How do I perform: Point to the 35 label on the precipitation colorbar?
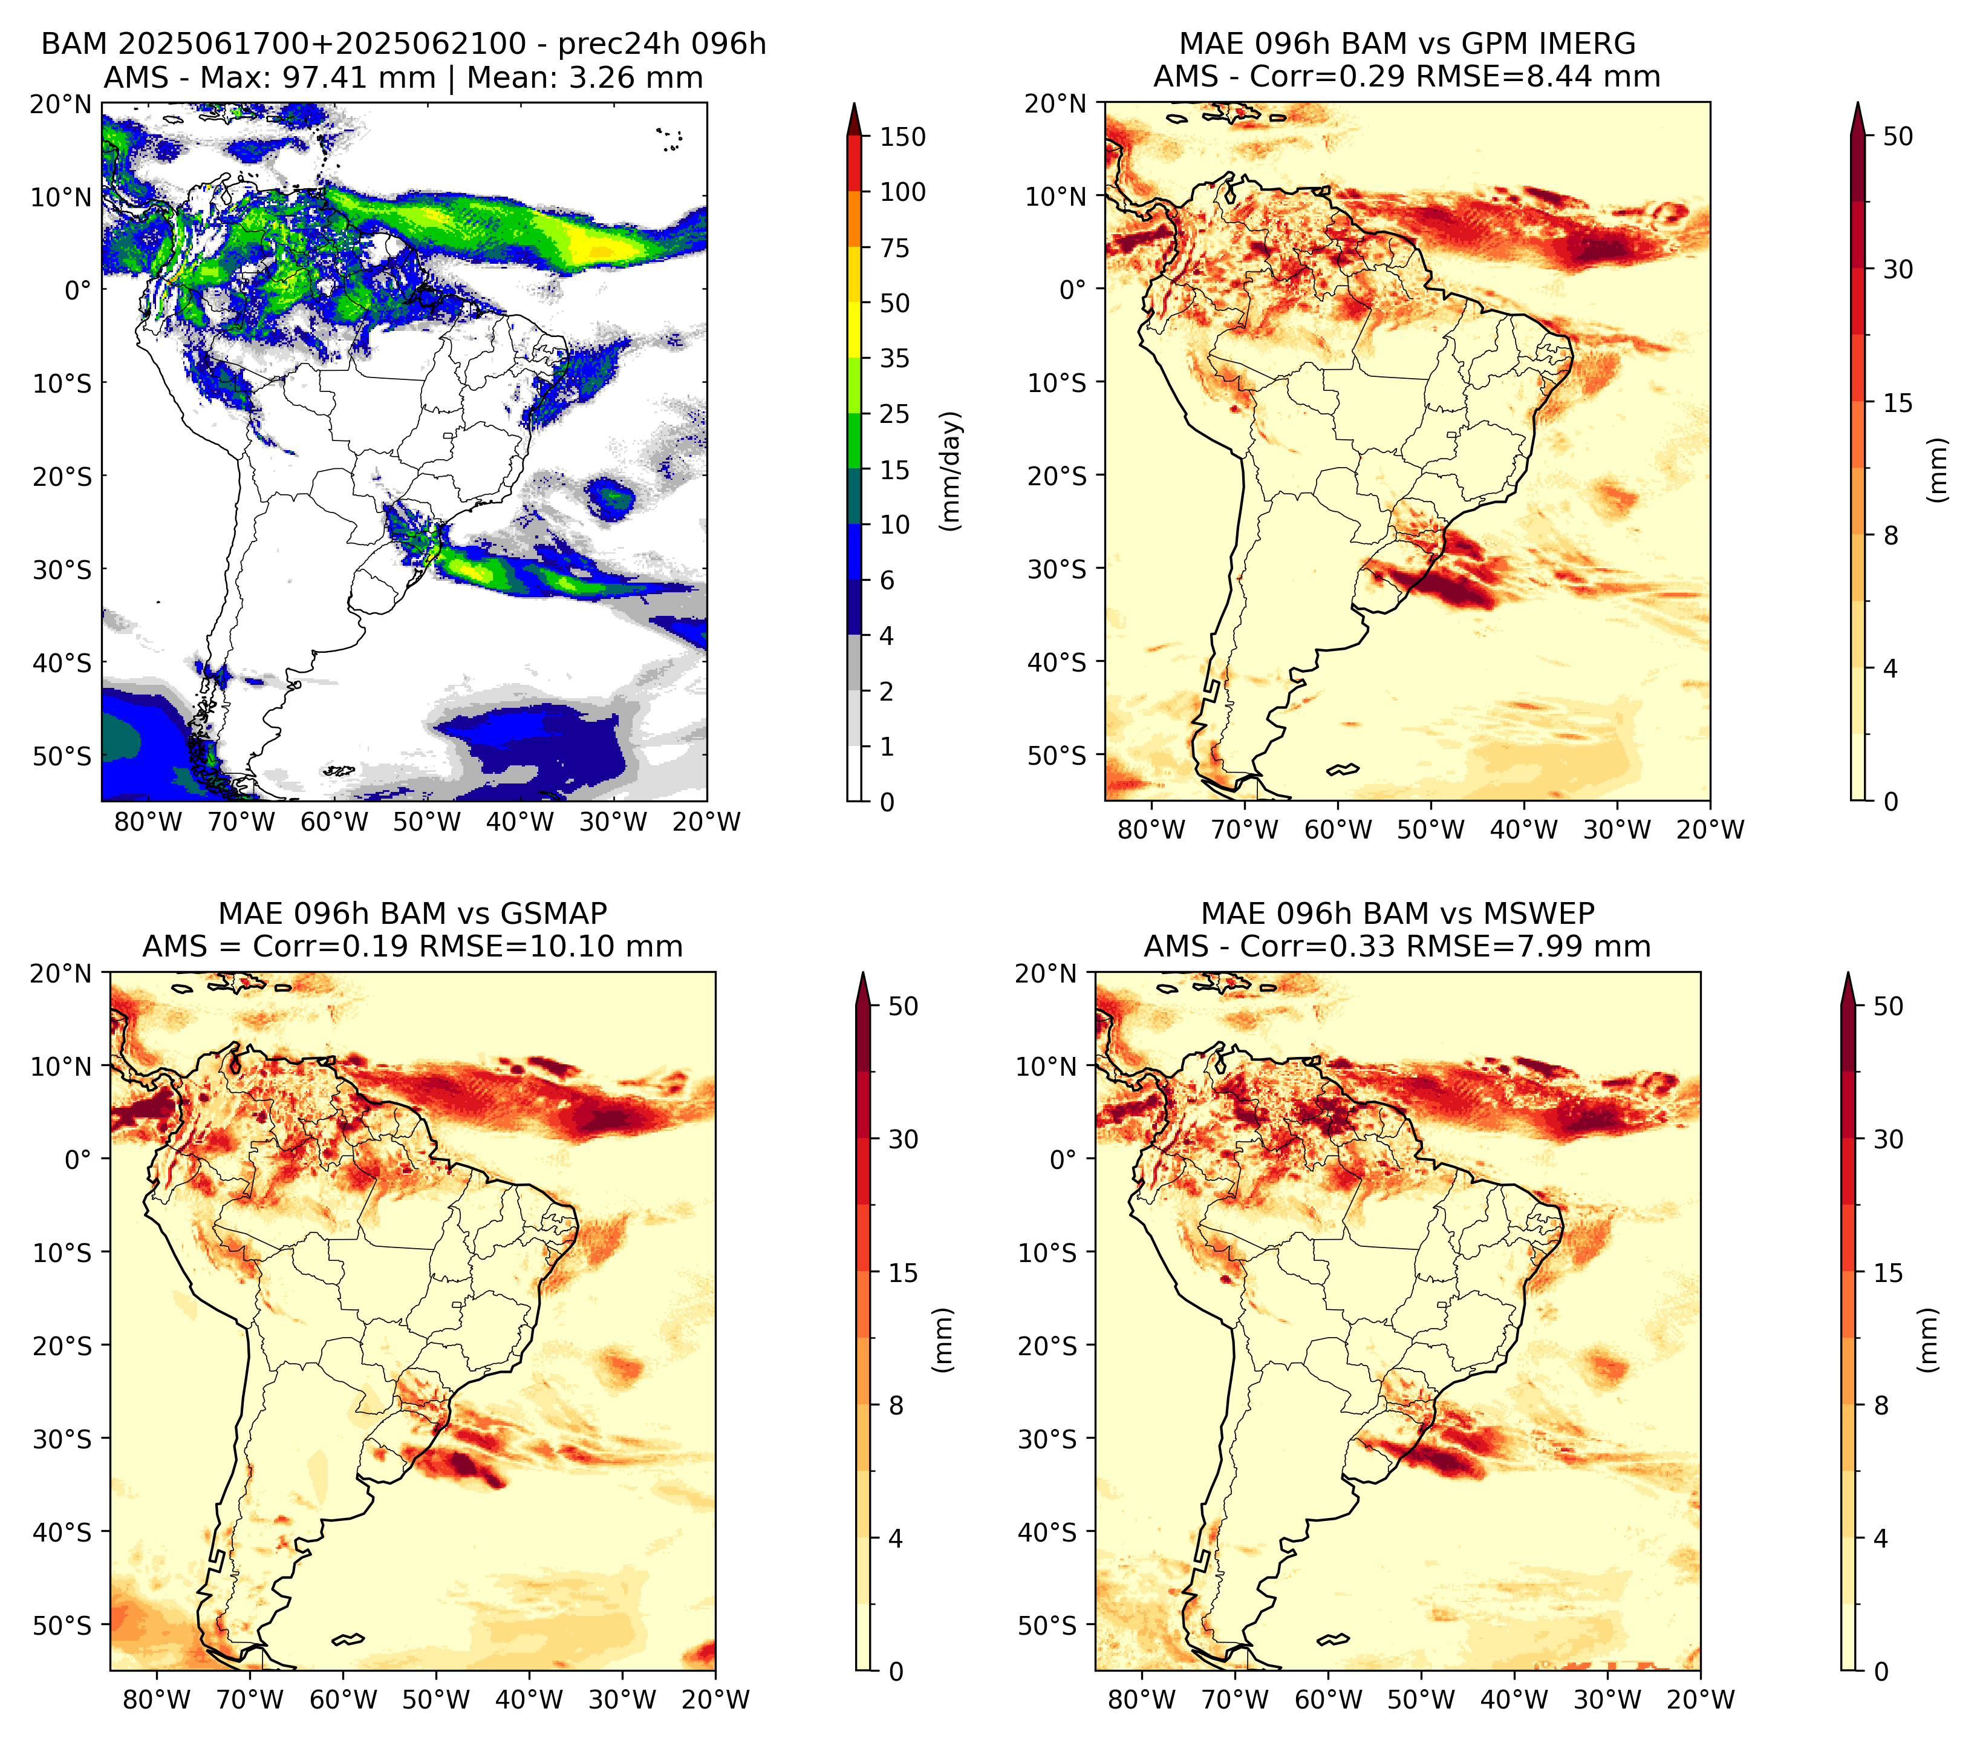tap(895, 358)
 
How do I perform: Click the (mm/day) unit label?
tap(951, 471)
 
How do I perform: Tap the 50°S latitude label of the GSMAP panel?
tap(62, 1624)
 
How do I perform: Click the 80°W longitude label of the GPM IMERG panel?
tap(1151, 829)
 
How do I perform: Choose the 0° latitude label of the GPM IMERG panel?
tap(1072, 289)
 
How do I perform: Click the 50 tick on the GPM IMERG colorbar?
tap(1898, 137)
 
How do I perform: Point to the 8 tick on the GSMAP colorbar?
tap(896, 1405)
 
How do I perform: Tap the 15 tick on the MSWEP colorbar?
tap(1889, 1272)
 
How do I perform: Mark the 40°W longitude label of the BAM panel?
tap(520, 822)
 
